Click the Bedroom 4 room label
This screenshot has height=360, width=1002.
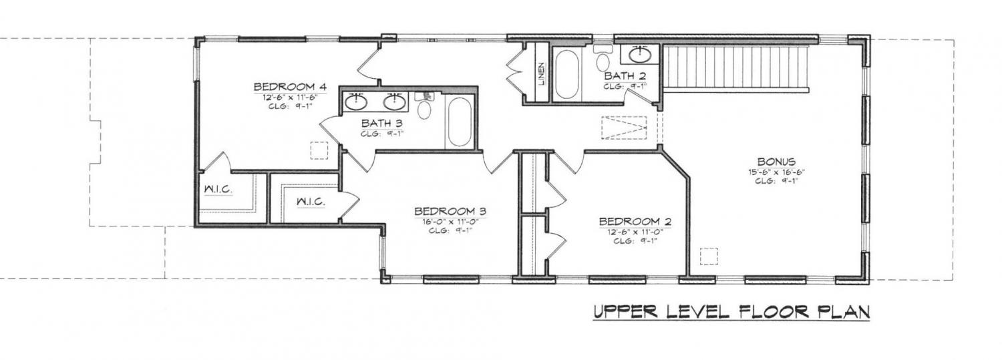pos(290,87)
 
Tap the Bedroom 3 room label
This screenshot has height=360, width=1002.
pos(450,211)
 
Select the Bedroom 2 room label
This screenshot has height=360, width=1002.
pos(635,221)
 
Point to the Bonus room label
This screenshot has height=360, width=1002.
pos(776,162)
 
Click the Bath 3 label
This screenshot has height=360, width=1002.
pos(382,123)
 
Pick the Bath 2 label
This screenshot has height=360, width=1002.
pos(625,76)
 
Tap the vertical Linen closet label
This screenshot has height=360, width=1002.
pos(542,73)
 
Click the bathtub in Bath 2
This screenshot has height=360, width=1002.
pos(566,74)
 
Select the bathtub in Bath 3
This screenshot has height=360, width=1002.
pos(460,122)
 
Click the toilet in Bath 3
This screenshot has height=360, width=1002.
pos(424,106)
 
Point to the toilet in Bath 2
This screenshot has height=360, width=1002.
pos(603,58)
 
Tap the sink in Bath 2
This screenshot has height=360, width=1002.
pos(640,55)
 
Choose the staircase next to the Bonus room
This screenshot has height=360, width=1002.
pos(736,67)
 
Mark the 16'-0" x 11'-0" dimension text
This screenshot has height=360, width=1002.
pos(450,222)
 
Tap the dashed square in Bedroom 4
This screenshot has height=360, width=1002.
pos(319,151)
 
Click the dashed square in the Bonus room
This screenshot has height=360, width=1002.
pos(709,256)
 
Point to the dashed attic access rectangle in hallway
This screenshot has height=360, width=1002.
pos(624,128)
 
